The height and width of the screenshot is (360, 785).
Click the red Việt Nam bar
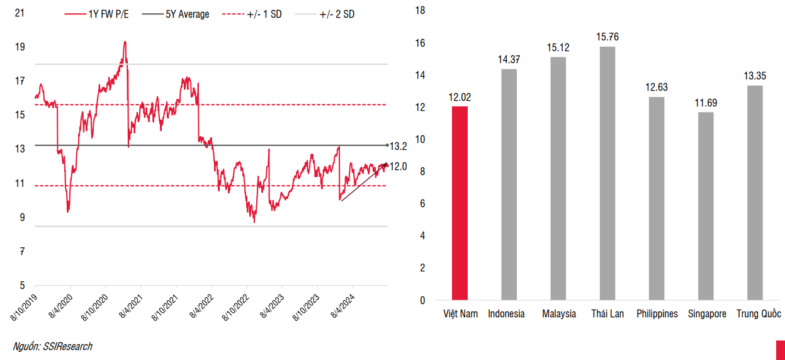point(460,203)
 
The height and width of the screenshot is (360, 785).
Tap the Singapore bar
point(706,206)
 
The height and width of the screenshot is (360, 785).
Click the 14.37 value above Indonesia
point(509,60)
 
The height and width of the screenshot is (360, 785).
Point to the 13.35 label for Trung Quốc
point(754,76)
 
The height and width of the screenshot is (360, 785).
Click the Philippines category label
point(657,313)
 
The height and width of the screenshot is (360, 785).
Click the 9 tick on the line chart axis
point(22,218)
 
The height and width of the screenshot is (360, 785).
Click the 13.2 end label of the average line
point(398,146)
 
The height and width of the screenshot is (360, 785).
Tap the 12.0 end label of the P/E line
point(398,166)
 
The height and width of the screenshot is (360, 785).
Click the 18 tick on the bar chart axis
point(421,10)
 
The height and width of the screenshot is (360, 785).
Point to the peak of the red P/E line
point(125,42)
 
